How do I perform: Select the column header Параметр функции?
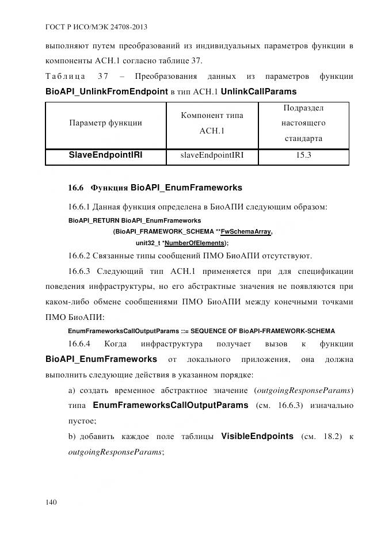pos(105,123)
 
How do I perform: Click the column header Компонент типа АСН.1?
pos(212,123)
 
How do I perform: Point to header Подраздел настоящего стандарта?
pos(304,123)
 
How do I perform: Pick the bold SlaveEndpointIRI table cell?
pos(105,155)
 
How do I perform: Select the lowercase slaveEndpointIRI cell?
pos(212,155)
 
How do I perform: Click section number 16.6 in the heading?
pos(76,188)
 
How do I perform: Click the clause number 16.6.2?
pos(80,255)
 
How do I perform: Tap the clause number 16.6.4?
pos(80,344)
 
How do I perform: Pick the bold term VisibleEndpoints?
pos(257,437)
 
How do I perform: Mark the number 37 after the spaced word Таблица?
pos(104,77)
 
